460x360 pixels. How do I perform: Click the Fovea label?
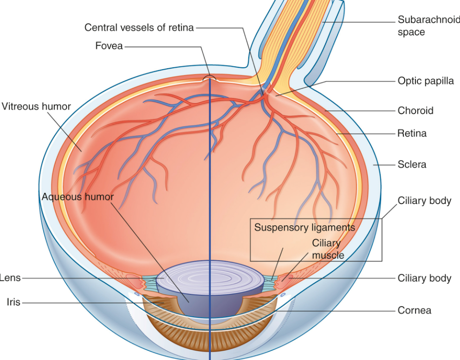pos(109,46)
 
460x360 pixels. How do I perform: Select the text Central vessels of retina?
pos(139,27)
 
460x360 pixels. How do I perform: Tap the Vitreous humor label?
pos(36,106)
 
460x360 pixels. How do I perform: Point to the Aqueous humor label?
pos(78,196)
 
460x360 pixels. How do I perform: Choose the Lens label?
pos(9,278)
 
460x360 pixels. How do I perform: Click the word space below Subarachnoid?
pos(411,33)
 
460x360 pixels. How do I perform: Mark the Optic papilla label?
pos(426,80)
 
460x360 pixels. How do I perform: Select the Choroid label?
pos(415,111)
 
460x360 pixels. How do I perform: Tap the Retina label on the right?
pos(412,133)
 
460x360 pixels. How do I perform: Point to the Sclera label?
pos(412,164)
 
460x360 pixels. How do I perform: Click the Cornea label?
pos(414,310)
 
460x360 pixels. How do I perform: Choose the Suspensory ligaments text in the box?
pos(305,227)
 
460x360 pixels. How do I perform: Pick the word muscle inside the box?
pos(328,255)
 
